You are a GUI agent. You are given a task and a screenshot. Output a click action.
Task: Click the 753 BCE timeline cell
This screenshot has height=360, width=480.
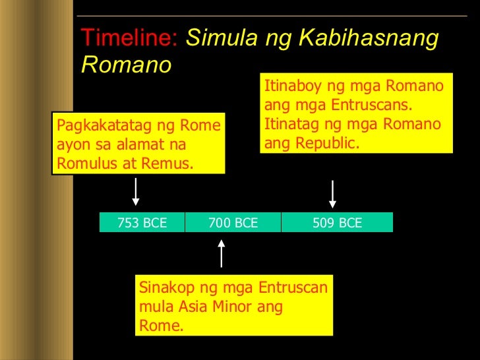tap(142, 223)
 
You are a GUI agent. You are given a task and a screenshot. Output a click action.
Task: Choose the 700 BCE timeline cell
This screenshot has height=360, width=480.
tap(233, 223)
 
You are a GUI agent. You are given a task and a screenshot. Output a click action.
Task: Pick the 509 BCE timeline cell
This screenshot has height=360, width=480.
tap(337, 223)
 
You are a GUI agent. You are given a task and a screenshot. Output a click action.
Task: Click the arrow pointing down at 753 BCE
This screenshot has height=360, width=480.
tap(136, 193)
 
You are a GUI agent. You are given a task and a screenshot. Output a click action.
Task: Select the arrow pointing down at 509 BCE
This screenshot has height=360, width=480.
tap(332, 194)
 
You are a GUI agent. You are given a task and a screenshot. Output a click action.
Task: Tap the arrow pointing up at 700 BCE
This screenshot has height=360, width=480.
tap(222, 253)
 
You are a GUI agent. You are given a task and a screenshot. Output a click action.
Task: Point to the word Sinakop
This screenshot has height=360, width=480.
tap(165, 289)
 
